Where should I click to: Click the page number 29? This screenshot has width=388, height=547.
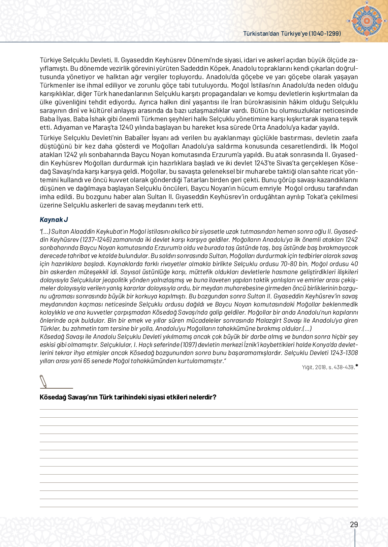click(x=354, y=524)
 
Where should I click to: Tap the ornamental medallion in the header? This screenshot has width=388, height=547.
click(x=366, y=21)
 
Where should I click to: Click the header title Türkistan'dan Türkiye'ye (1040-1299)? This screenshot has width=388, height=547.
click(x=292, y=33)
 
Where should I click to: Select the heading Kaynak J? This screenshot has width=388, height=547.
click(x=54, y=220)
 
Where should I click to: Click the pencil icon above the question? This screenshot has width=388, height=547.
click(x=43, y=382)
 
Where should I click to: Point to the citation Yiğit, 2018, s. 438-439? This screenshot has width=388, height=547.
click(x=328, y=367)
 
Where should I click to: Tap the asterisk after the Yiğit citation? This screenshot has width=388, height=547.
click(x=357, y=366)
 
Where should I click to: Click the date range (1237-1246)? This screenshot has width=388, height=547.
click(x=96, y=240)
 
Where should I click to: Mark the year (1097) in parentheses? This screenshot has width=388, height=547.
click(x=189, y=345)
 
